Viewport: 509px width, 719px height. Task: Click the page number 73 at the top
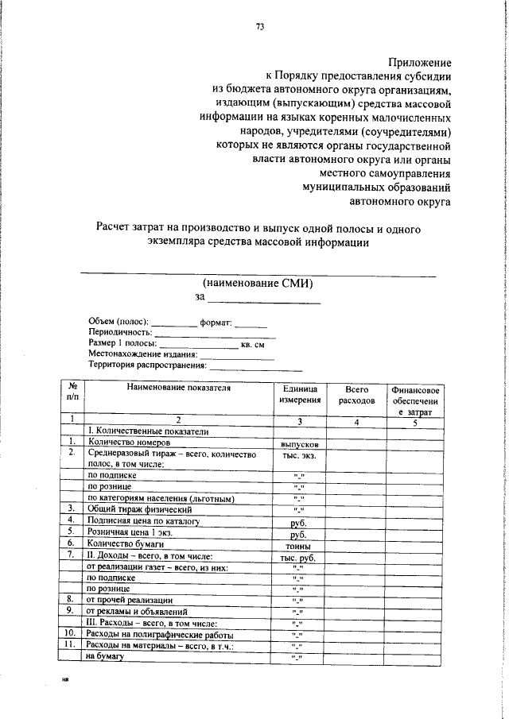[x=259, y=27]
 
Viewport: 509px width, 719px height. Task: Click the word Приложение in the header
[x=420, y=62]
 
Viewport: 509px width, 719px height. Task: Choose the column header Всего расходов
[x=356, y=395]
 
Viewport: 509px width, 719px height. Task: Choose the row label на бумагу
[x=107, y=657]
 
